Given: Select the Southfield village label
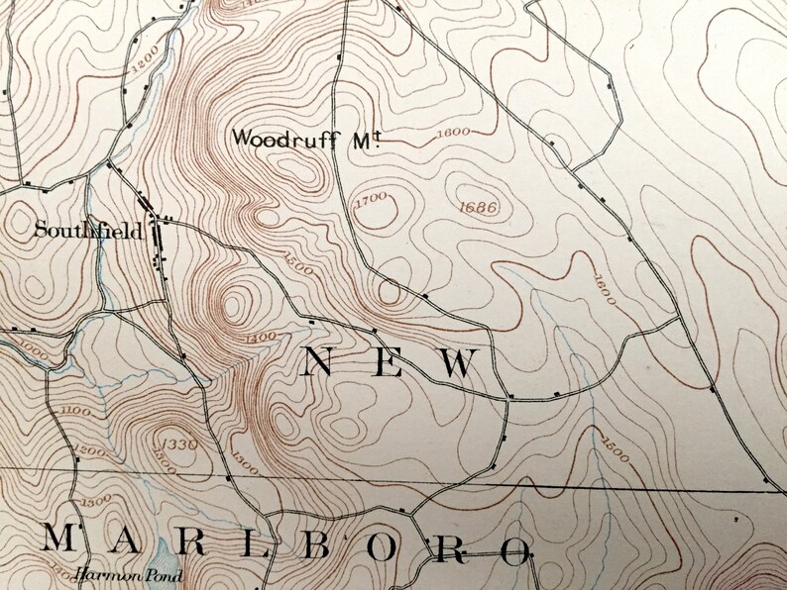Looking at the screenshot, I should pyautogui.click(x=87, y=232).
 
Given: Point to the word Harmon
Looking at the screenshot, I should pyautogui.click(x=99, y=573).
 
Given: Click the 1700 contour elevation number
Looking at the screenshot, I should pyautogui.click(x=369, y=200).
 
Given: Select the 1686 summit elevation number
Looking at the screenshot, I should pyautogui.click(x=479, y=207).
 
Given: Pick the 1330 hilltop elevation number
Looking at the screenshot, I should pyautogui.click(x=180, y=442).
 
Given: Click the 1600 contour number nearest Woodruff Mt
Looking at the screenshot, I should pyautogui.click(x=452, y=132).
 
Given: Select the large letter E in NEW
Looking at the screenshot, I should pyautogui.click(x=387, y=364).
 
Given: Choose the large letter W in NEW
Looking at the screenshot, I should pyautogui.click(x=458, y=364).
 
